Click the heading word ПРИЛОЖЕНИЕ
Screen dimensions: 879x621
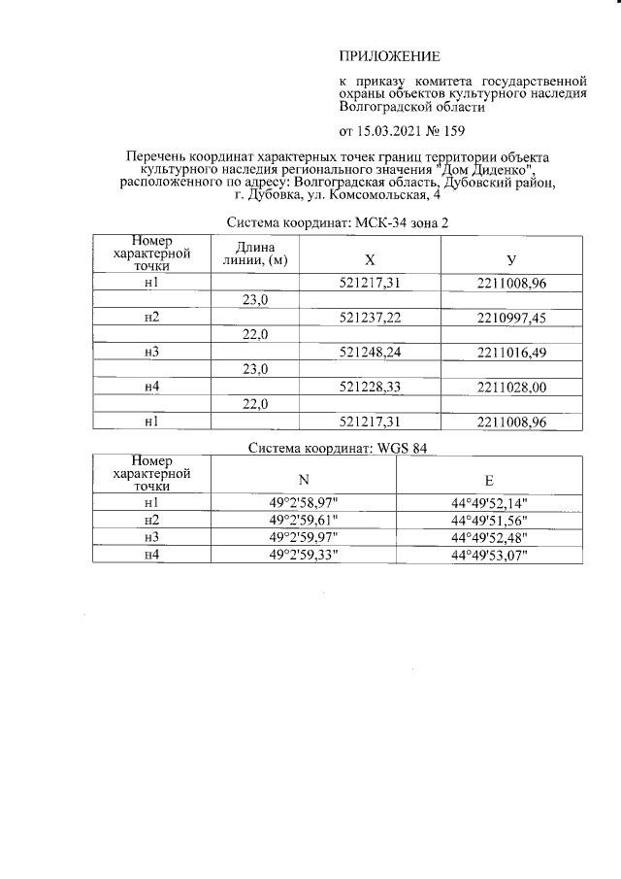tap(387, 57)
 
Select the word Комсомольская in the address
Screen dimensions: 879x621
tap(379, 195)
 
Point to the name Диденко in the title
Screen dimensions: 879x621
tap(496, 170)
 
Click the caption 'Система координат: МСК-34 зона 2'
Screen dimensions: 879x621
tap(338, 223)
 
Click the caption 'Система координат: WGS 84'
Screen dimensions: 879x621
tap(338, 449)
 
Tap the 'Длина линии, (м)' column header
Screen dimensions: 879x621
tap(254, 254)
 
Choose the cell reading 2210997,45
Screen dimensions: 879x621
tap(511, 318)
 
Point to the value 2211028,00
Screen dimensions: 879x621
tap(511, 387)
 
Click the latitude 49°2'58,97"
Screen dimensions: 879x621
tap(303, 503)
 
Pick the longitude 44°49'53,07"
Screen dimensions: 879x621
tap(489, 554)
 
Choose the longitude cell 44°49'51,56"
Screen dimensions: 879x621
tap(489, 520)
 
